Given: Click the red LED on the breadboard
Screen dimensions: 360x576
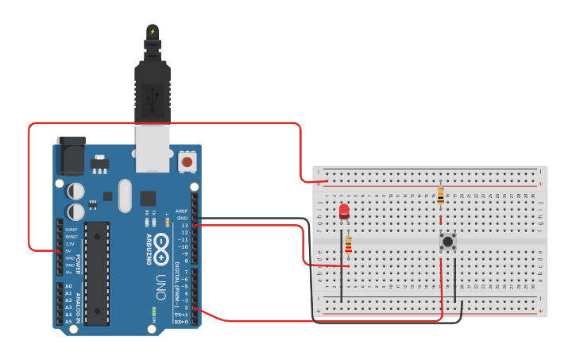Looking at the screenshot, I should pos(344,211).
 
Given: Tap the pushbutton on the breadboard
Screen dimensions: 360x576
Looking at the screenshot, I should pos(448,241).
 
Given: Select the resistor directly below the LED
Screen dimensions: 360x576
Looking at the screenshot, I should pos(348,248).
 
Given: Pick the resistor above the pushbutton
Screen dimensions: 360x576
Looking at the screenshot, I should pos(441,195).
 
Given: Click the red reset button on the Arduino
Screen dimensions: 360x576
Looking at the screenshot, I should pos(187,162).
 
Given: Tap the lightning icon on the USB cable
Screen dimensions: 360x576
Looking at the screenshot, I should pos(152,32).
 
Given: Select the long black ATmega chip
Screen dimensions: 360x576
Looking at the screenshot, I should pos(97,273).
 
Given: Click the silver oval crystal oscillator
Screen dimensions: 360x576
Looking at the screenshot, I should pos(124,195).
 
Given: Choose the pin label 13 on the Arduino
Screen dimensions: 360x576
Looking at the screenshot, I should pos(185,226).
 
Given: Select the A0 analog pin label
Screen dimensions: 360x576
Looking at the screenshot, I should pos(68,286).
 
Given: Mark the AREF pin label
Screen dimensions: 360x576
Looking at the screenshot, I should pos(183,211).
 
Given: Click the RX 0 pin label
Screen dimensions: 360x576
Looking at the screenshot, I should pos(182,322).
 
